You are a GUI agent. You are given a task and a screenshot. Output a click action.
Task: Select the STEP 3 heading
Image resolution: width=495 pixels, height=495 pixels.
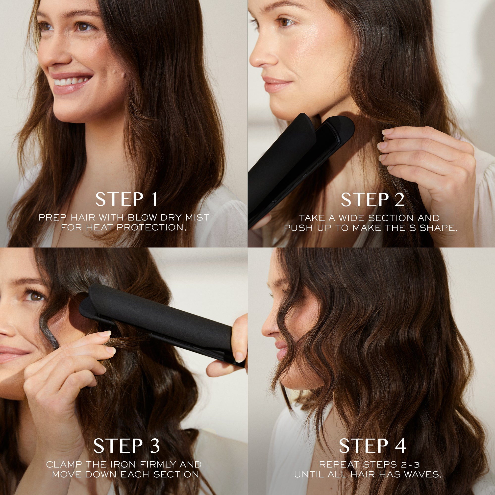coord(126,445)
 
